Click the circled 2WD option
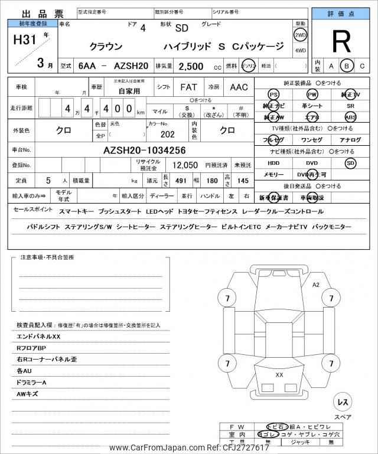click(301, 35)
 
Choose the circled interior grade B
click(347, 66)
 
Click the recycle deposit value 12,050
click(185, 165)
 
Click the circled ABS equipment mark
click(351, 117)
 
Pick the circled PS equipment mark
click(273, 94)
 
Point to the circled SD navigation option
click(351, 162)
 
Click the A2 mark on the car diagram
click(315, 285)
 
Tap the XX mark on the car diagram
click(279, 374)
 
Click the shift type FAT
click(188, 87)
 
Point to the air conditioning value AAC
click(239, 87)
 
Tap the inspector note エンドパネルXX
click(39, 336)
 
